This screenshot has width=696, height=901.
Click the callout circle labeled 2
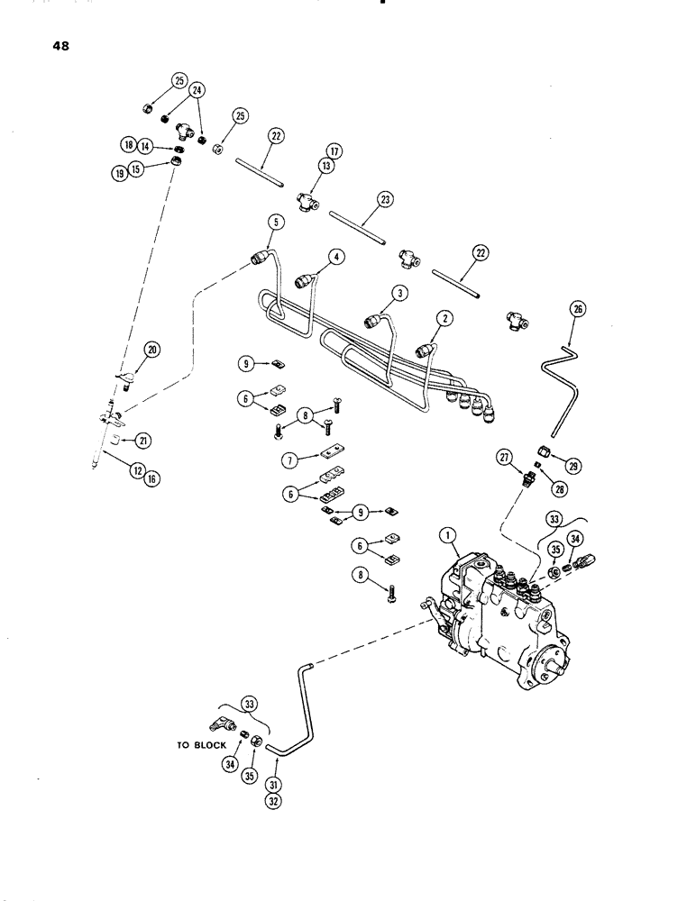(443, 317)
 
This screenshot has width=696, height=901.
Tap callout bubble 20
(150, 350)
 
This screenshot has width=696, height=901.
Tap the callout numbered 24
(197, 90)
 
